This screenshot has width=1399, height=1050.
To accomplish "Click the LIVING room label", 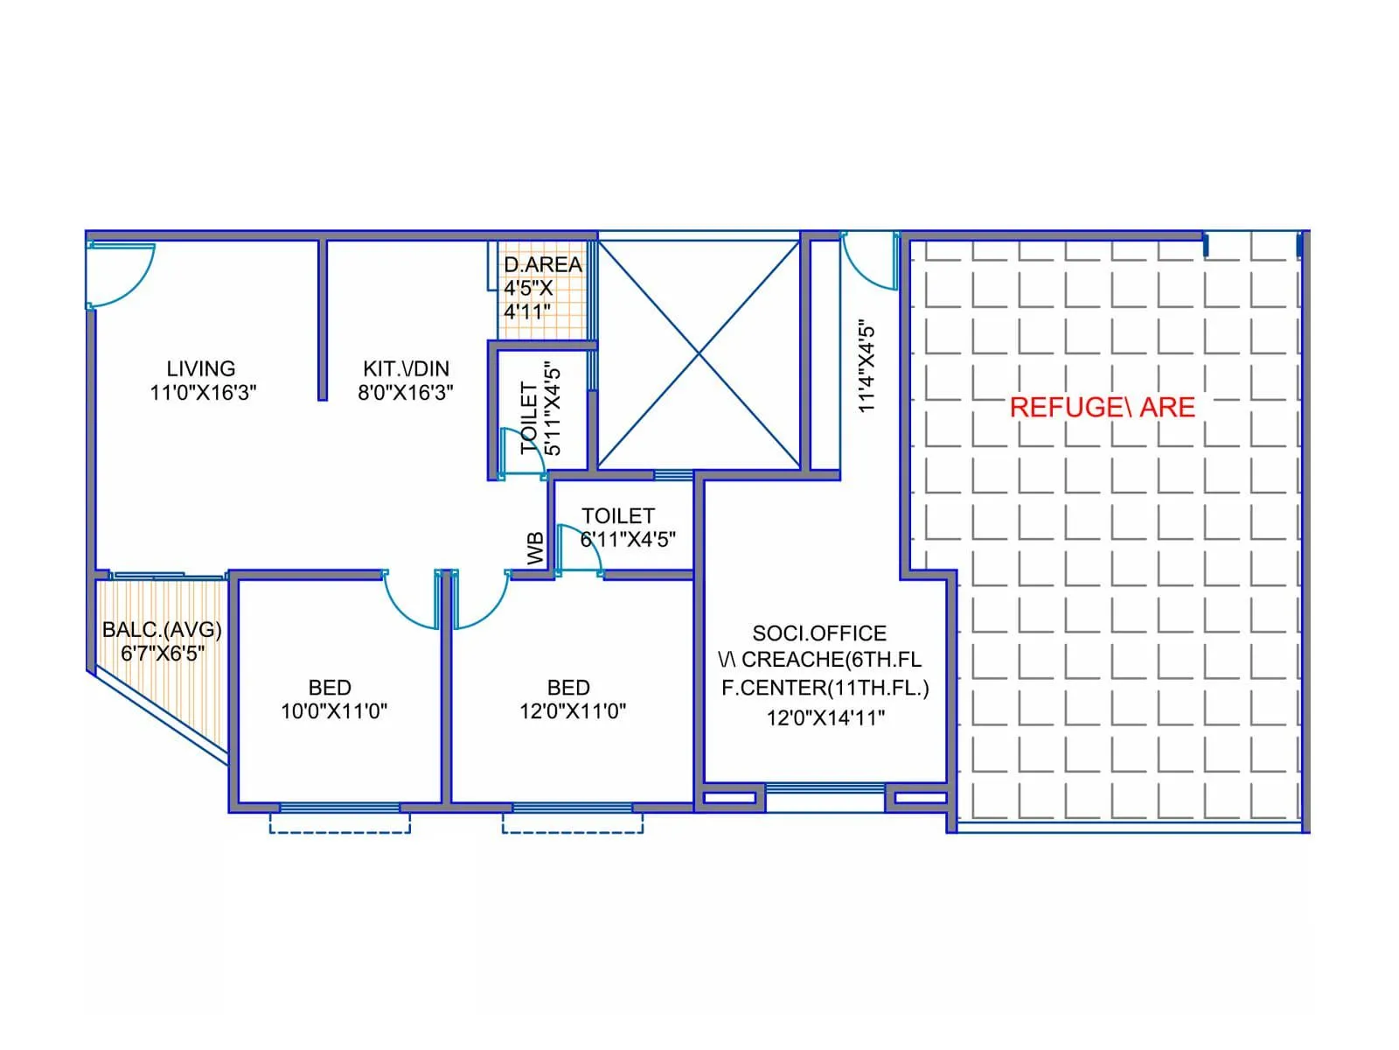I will click(x=201, y=368).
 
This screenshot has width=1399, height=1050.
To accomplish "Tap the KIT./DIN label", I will click(x=406, y=368).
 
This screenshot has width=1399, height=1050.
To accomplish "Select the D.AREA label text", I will click(x=542, y=264).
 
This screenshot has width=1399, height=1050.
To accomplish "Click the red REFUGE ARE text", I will click(x=1102, y=407).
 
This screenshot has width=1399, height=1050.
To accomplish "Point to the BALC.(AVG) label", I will click(x=162, y=630).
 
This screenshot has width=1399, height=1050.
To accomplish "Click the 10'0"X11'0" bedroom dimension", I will click(x=333, y=711).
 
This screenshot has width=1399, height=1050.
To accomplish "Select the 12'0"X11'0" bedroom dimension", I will click(x=573, y=711).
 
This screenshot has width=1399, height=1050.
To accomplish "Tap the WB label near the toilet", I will click(x=535, y=549).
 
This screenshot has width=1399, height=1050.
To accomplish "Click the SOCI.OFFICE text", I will click(x=819, y=633).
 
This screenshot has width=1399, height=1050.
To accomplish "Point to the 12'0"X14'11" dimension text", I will click(x=825, y=717).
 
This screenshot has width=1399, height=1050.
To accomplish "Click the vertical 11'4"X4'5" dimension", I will click(x=866, y=367).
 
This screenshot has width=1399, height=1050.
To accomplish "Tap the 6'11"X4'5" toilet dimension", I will click(x=628, y=539).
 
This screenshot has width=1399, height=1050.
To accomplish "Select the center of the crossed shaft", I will click(x=699, y=354).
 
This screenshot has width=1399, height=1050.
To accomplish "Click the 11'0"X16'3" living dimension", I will click(x=203, y=392).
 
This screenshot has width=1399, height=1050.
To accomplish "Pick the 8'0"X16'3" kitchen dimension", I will click(x=406, y=392).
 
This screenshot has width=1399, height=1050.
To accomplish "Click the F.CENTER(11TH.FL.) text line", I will click(x=825, y=688).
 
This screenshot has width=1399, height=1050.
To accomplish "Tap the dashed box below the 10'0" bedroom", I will click(x=340, y=823).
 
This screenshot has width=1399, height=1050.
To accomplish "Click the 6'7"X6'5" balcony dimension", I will click(x=162, y=653).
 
